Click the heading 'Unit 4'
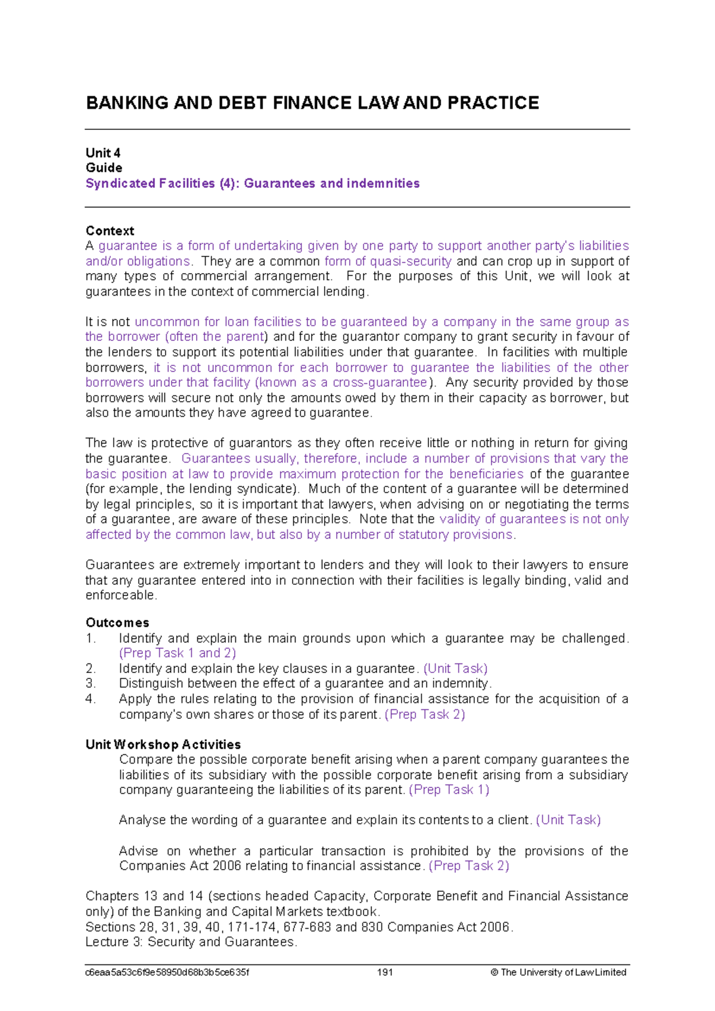tap(103, 153)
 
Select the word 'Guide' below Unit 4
tap(104, 168)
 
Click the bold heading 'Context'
tap(110, 231)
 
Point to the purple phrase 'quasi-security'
tap(411, 261)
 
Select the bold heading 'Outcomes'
tap(117, 623)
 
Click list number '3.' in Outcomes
tap(91, 684)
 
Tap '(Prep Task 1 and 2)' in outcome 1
tap(178, 653)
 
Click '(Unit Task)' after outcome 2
tap(455, 669)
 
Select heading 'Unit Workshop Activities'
tap(163, 745)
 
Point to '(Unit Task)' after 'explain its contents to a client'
tap(568, 820)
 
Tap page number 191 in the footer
tap(385, 972)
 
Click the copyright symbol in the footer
tap(494, 972)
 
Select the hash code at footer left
tap(167, 972)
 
